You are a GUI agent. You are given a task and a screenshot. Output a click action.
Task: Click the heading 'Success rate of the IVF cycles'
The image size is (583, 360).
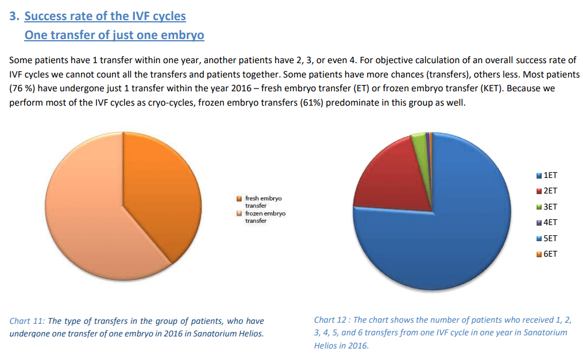[x=105, y=16]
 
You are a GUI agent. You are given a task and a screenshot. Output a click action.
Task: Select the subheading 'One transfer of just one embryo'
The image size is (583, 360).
[x=114, y=35]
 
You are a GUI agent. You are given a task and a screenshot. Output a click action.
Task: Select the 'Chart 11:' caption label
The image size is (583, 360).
[x=28, y=321]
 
